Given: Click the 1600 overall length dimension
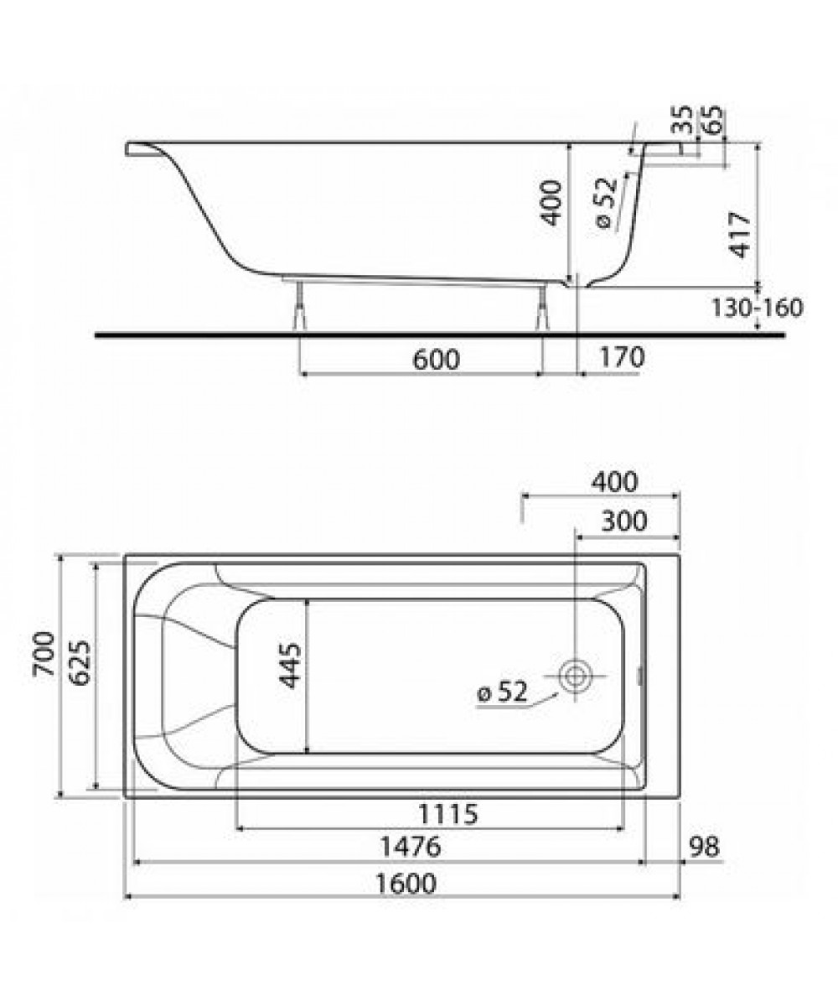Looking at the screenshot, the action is (x=406, y=883).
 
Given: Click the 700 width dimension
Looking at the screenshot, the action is (x=44, y=654).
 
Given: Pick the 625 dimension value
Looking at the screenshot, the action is (x=80, y=663).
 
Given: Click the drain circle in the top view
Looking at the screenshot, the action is (x=575, y=677).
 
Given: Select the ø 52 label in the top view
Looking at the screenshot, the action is (x=502, y=692).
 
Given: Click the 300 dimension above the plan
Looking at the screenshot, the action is (x=623, y=521).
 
